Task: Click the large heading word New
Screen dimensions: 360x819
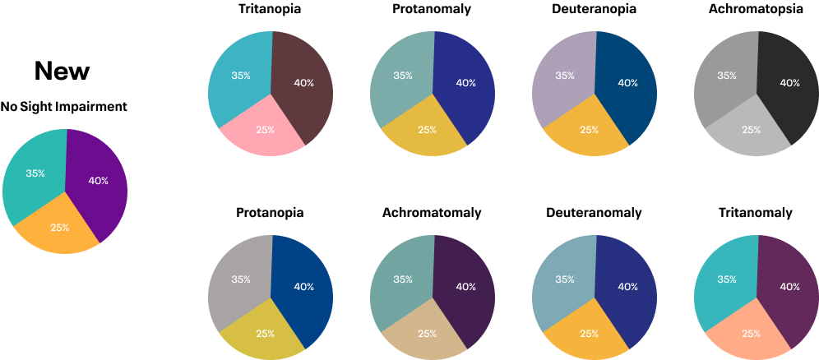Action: [62, 71]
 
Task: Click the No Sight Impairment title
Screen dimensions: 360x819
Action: [63, 107]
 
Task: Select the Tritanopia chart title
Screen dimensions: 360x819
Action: [270, 9]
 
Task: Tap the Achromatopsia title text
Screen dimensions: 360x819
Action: [756, 9]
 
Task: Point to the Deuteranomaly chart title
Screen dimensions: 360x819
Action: [594, 213]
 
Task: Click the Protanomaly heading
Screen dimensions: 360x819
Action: [432, 9]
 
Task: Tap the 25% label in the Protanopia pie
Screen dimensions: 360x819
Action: [266, 334]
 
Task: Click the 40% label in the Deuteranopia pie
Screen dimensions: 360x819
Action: [628, 83]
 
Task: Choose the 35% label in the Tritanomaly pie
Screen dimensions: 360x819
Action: [727, 279]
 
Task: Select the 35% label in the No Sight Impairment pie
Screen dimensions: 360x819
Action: [35, 173]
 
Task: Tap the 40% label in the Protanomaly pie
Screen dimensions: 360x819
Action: [466, 83]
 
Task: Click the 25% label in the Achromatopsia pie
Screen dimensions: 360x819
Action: [752, 130]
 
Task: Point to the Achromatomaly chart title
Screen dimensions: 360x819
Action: [432, 213]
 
